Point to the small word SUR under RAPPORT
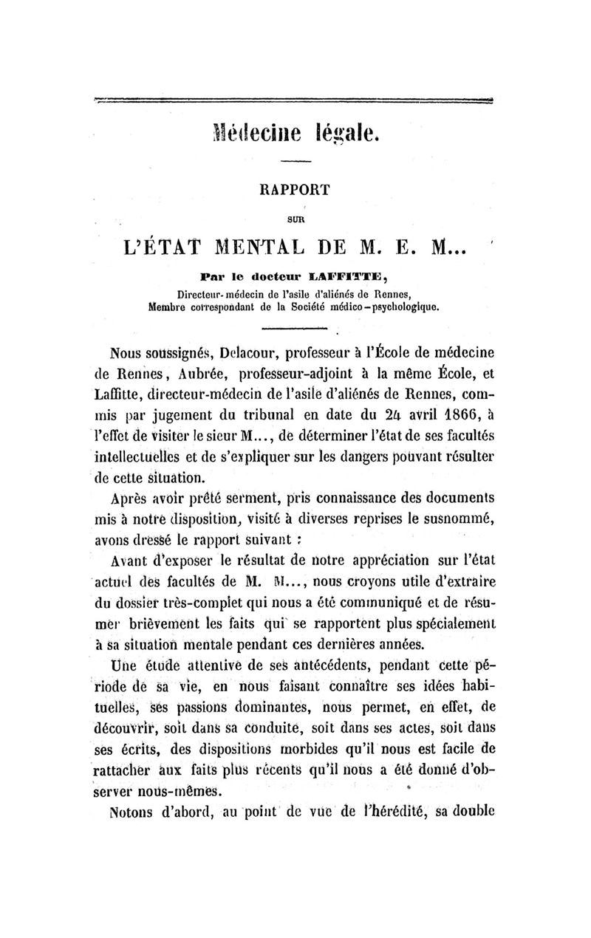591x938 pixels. (x=295, y=219)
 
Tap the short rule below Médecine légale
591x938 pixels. (x=296, y=162)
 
